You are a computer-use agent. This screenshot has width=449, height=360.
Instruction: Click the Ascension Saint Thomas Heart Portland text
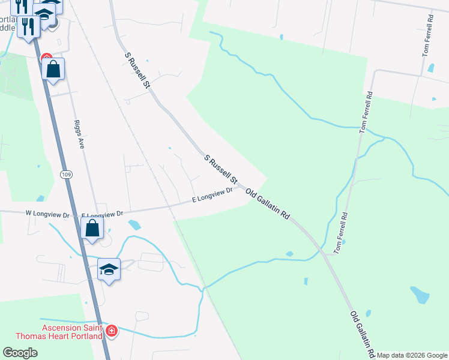73,332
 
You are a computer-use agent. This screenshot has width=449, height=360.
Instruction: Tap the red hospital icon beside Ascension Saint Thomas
111,331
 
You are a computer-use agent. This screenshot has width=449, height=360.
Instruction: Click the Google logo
20,353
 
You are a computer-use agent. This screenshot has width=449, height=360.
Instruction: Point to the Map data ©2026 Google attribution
412,355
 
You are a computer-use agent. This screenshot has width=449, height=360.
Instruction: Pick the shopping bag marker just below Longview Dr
92,229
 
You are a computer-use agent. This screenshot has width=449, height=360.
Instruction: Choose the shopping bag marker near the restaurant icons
53,69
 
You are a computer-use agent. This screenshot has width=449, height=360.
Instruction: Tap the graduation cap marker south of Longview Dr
109,269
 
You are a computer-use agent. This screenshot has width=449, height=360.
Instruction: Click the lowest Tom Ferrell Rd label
341,232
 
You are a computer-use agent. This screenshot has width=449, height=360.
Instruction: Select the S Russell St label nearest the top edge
136,70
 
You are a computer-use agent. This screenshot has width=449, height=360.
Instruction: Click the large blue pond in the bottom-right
420,294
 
